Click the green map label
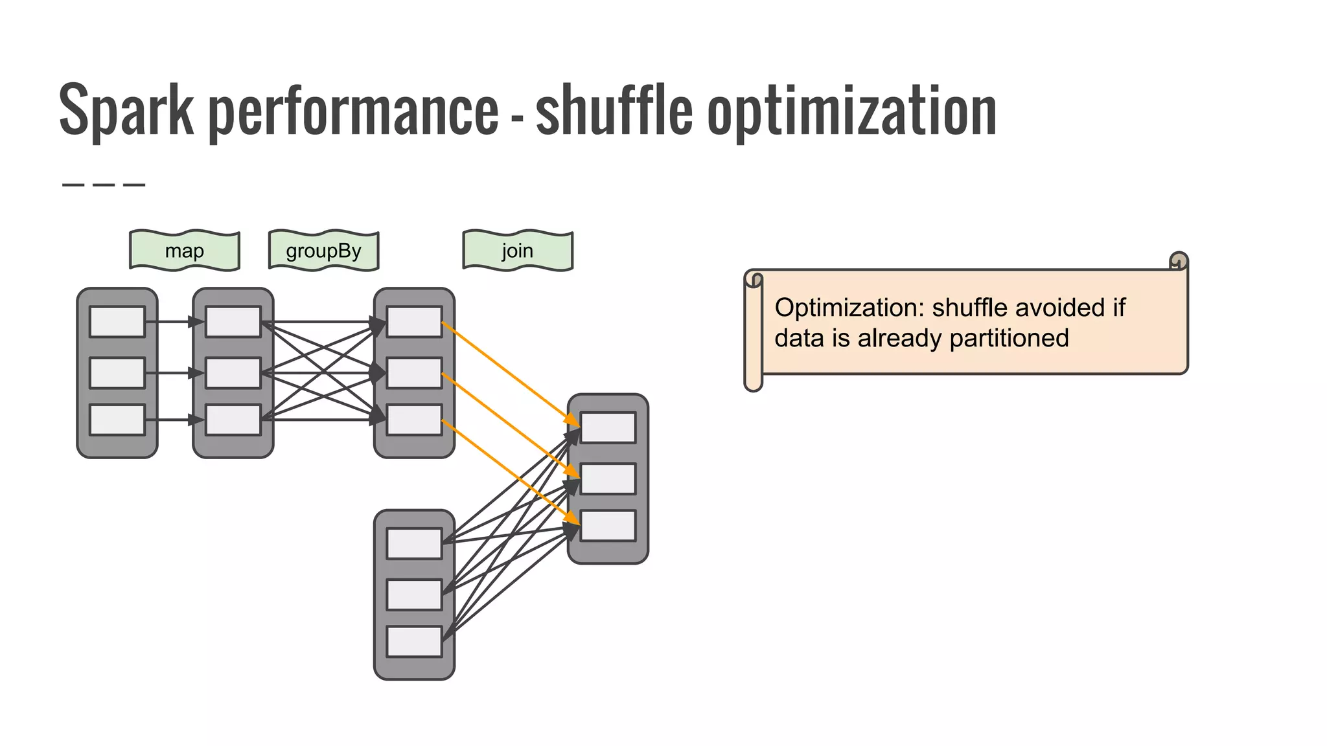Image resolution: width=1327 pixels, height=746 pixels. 185,251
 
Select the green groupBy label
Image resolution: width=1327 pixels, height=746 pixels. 323,251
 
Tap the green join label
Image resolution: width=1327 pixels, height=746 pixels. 518,251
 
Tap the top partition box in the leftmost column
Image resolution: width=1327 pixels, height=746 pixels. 117,322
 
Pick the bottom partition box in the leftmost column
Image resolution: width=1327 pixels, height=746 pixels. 117,420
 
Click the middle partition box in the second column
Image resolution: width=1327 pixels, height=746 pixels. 233,373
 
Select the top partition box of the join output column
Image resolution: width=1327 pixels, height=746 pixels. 608,427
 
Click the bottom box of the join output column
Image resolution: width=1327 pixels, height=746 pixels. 608,526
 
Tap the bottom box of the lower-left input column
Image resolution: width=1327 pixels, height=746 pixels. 414,642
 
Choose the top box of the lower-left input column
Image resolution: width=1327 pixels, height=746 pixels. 414,543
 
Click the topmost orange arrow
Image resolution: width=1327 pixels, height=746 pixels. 509,373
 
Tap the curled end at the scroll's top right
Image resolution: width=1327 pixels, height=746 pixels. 1179,261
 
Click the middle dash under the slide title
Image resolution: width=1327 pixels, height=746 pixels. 104,185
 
